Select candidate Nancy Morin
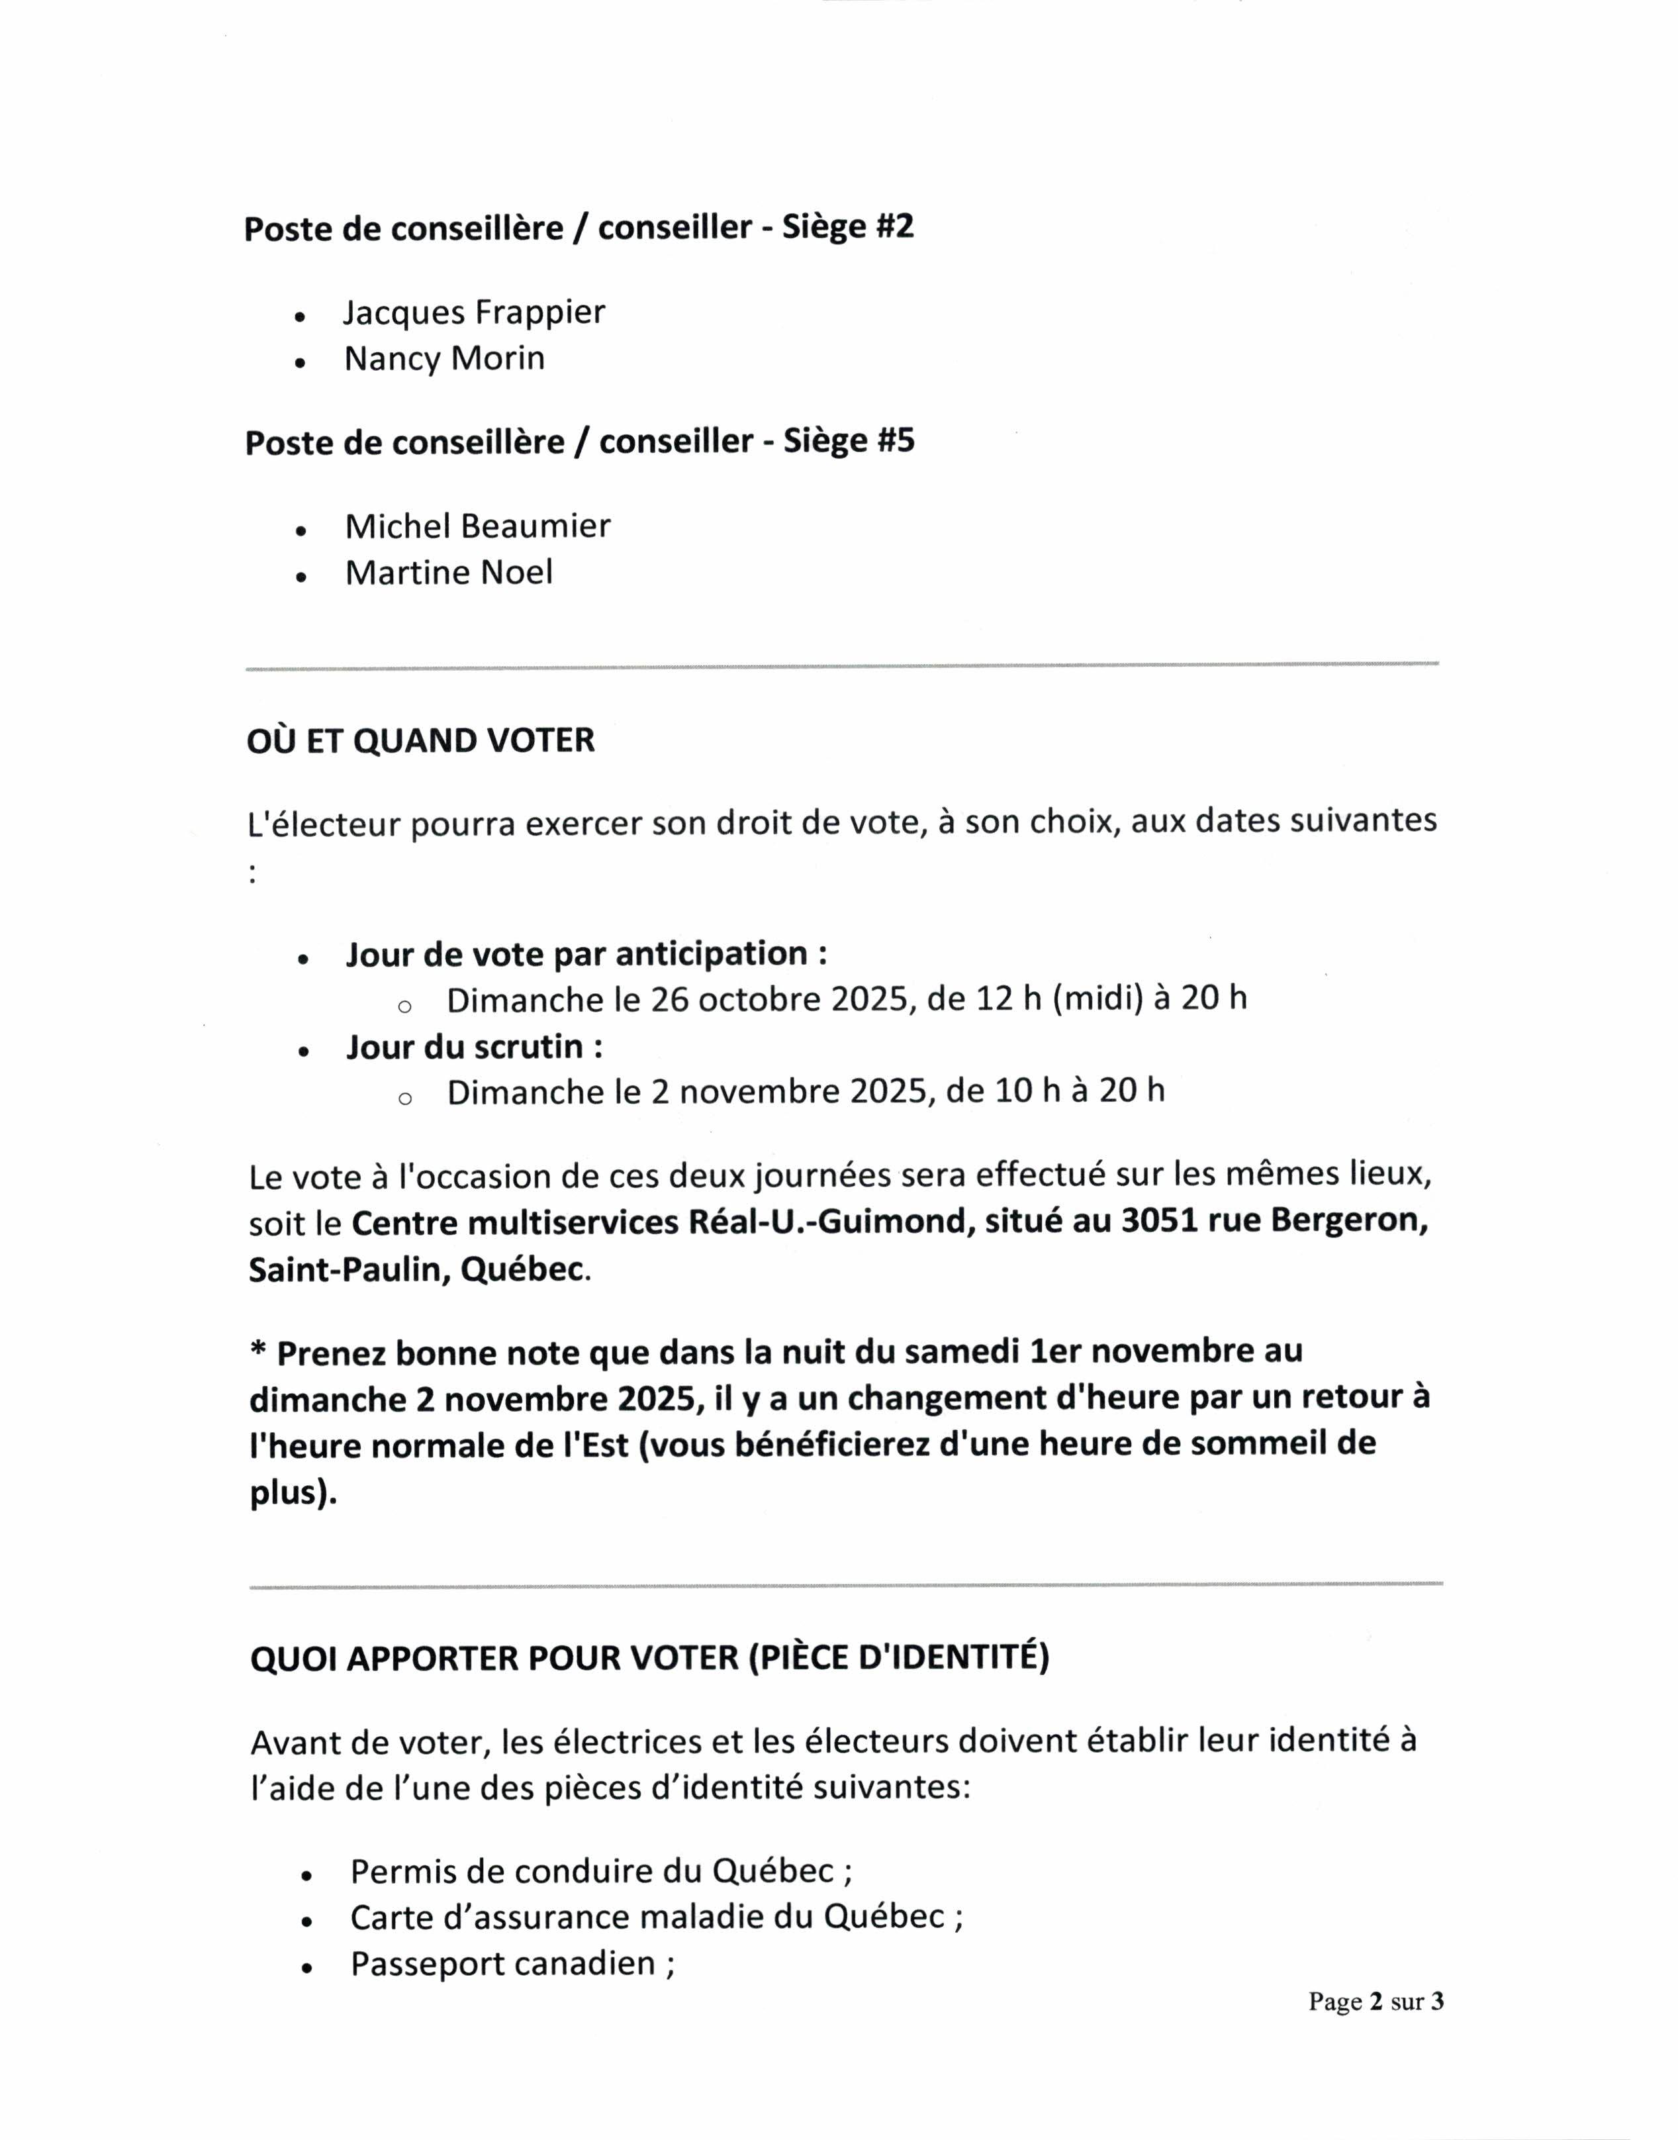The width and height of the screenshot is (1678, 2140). coord(444,359)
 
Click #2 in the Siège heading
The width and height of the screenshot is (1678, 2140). coord(894,227)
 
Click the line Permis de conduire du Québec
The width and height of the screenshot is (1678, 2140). coord(600,1870)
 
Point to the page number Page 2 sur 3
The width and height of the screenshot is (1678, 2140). coord(1375,2002)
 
